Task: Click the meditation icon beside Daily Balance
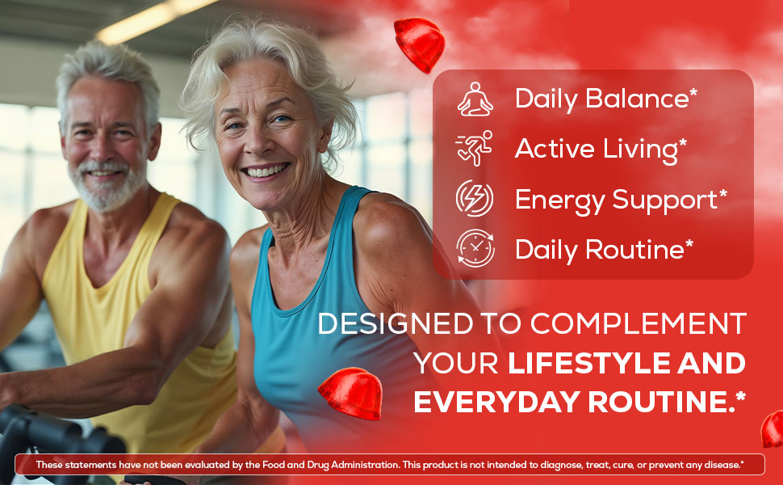[x=475, y=99]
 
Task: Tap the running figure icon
[x=474, y=148]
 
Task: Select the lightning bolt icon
[x=475, y=198]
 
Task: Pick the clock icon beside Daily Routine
[x=475, y=248]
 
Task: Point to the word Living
[x=640, y=150]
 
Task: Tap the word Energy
[x=559, y=200]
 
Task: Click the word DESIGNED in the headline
[x=396, y=323]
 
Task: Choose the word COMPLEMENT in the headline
[x=639, y=323]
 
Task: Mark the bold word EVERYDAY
[x=497, y=402]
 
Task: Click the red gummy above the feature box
[x=420, y=44]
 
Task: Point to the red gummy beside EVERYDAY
[x=350, y=394]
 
